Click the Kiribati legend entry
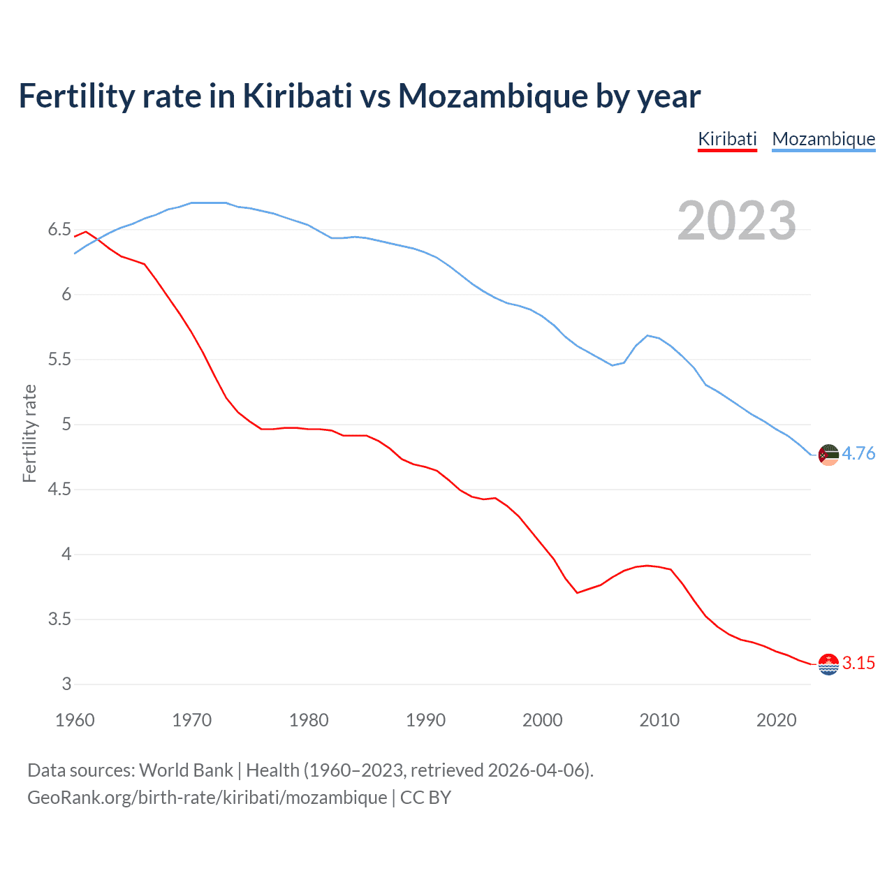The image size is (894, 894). tap(727, 139)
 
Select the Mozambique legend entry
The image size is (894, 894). tap(823, 139)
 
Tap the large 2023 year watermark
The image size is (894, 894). tap(737, 221)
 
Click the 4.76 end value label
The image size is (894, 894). tap(858, 454)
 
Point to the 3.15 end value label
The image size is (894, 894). tap(858, 664)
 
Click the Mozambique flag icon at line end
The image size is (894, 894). tap(828, 455)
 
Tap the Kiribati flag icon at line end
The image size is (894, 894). tap(828, 664)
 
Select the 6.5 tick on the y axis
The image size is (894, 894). tap(59, 230)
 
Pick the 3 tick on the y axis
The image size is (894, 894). tap(66, 684)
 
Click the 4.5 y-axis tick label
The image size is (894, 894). tap(59, 490)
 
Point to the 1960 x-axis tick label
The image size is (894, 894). tap(75, 720)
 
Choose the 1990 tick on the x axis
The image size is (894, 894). tap(425, 720)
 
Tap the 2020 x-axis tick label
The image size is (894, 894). tap(776, 720)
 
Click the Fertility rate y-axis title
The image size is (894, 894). tap(29, 433)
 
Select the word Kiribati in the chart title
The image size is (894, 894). tap(298, 96)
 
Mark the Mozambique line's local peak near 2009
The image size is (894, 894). tap(647, 335)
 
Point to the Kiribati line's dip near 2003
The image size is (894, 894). tap(578, 592)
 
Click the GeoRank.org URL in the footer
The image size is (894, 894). tap(207, 798)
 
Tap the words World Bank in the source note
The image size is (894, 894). tap(186, 770)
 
